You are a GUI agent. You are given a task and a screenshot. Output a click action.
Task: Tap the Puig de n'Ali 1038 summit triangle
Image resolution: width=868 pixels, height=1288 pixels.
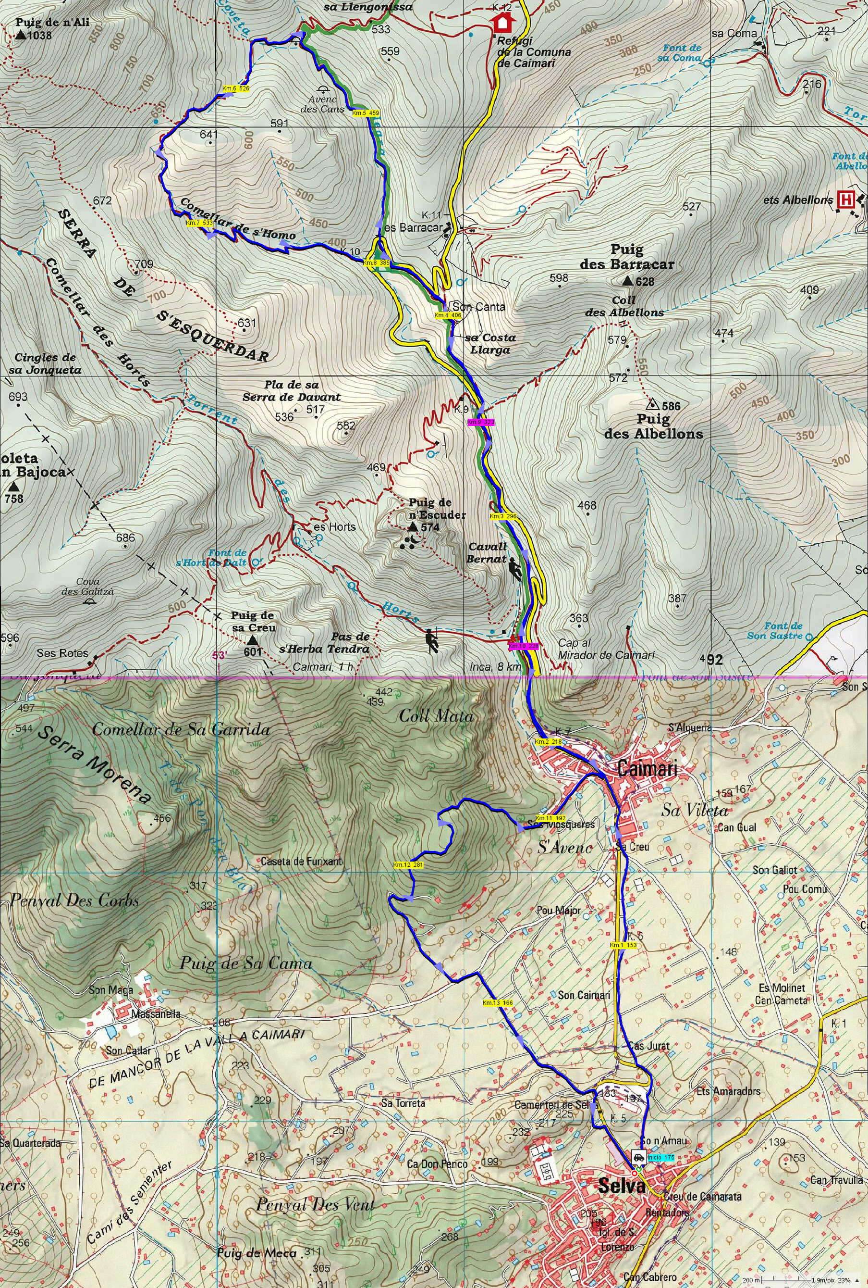21,36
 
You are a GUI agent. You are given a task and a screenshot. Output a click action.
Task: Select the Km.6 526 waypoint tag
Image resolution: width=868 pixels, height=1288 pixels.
235,88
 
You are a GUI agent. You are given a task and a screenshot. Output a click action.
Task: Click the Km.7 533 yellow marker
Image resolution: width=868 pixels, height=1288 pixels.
199,223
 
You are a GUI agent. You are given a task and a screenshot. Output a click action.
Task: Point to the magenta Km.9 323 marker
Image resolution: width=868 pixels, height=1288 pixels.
480,422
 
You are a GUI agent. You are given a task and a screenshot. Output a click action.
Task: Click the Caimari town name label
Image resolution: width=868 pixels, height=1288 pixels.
647,768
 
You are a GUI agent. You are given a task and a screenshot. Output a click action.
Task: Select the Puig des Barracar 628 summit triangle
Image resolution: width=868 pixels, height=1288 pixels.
627,281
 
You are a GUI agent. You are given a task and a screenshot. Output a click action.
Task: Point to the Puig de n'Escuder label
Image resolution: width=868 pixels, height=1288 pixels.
437,508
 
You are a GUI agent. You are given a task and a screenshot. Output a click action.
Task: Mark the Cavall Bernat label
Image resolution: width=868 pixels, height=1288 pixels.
487,552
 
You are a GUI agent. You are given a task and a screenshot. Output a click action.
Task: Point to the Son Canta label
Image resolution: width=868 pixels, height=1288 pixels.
478,306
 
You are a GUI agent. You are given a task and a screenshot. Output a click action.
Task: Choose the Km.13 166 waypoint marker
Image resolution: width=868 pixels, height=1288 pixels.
497,1003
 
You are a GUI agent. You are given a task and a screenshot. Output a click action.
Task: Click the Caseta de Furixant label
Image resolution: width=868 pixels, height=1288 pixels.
302,862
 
